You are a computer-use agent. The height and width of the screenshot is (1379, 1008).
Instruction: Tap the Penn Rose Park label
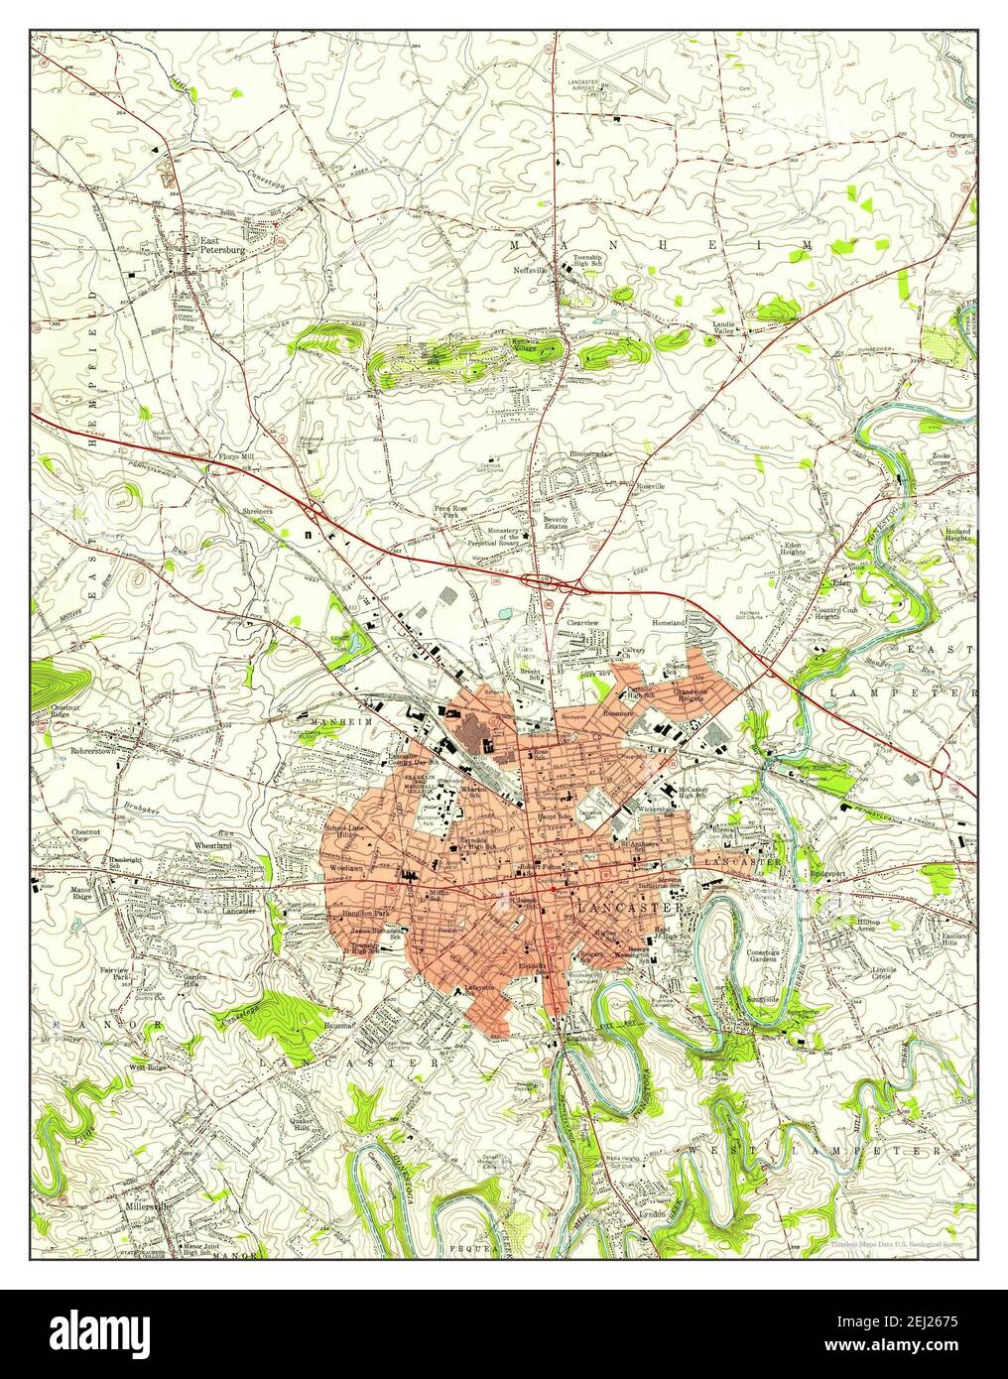[449, 512]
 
